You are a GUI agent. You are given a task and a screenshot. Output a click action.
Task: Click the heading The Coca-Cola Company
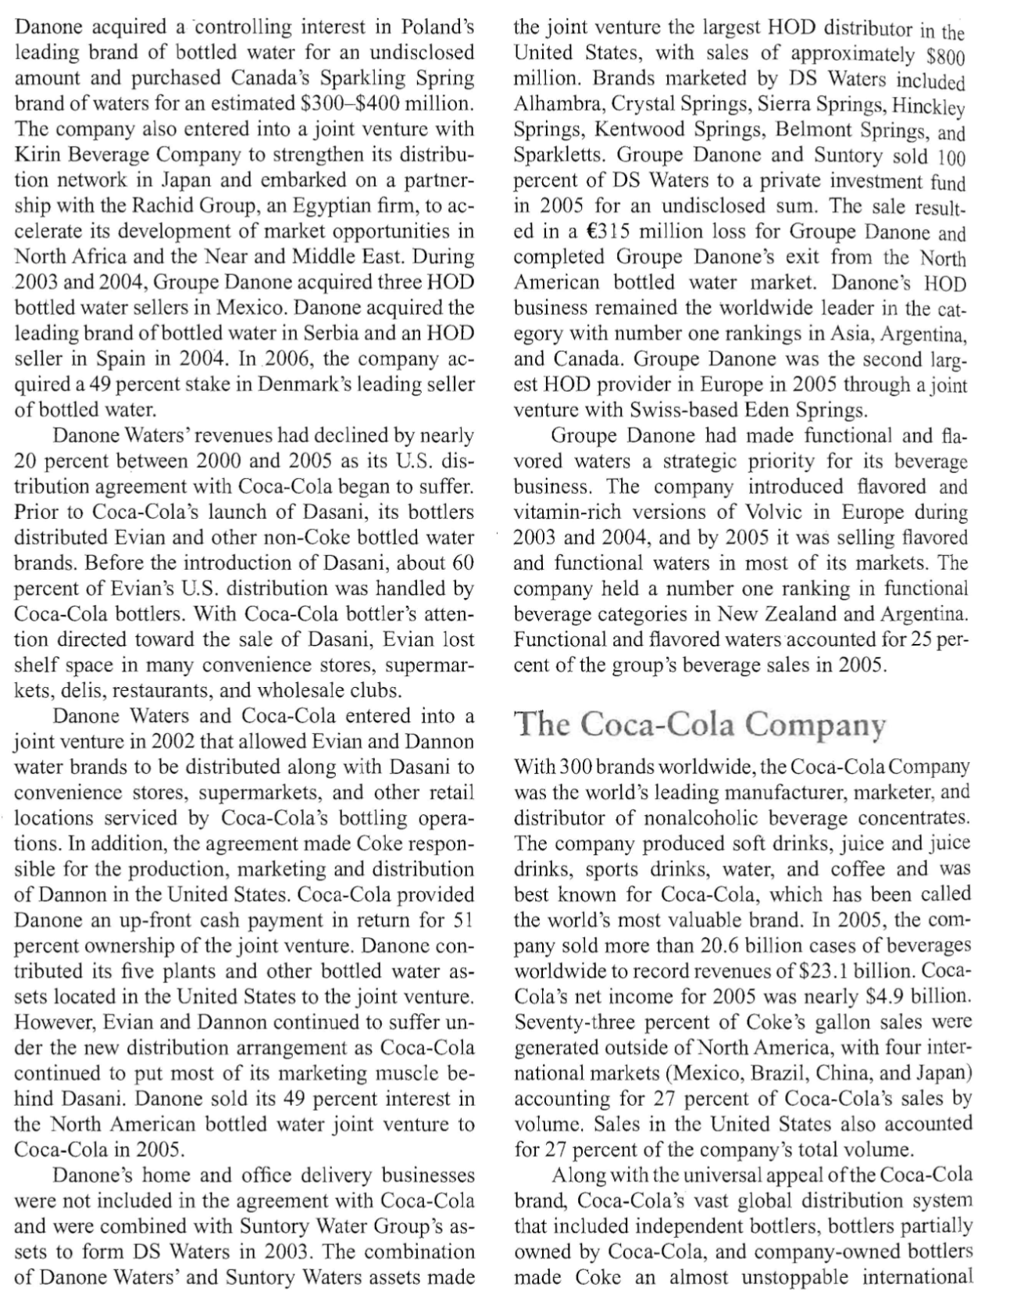pyautogui.click(x=700, y=724)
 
